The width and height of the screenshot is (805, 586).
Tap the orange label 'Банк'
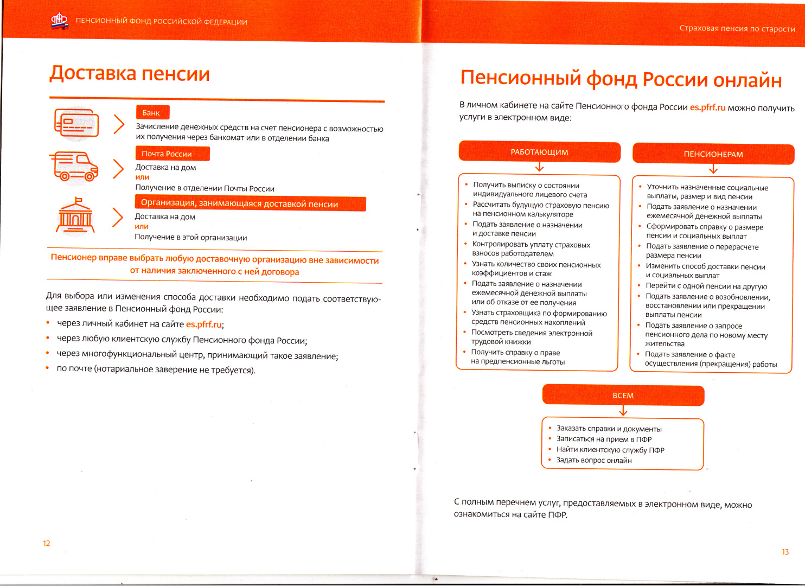pos(152,112)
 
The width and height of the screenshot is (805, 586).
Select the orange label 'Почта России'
pos(171,154)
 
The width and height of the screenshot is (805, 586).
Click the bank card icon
pos(76,123)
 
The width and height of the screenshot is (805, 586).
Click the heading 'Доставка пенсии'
pos(129,73)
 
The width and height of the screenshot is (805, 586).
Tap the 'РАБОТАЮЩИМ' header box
pos(539,152)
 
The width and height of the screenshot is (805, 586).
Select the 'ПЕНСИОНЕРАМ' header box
pos(713,154)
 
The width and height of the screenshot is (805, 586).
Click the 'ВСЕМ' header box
pos(623,396)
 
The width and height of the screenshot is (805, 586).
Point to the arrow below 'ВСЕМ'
pos(623,411)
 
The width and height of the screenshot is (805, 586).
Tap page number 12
pos(47,543)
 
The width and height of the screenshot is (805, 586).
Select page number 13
pos(785,552)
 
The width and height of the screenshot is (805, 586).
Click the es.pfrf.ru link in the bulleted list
pos(204,324)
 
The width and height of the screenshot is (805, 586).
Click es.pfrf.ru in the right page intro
pos(707,107)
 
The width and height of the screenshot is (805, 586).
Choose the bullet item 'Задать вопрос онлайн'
pos(593,460)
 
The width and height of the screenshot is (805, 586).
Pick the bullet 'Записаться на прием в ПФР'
pos(604,439)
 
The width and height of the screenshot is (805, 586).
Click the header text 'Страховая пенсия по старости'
pos(737,28)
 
